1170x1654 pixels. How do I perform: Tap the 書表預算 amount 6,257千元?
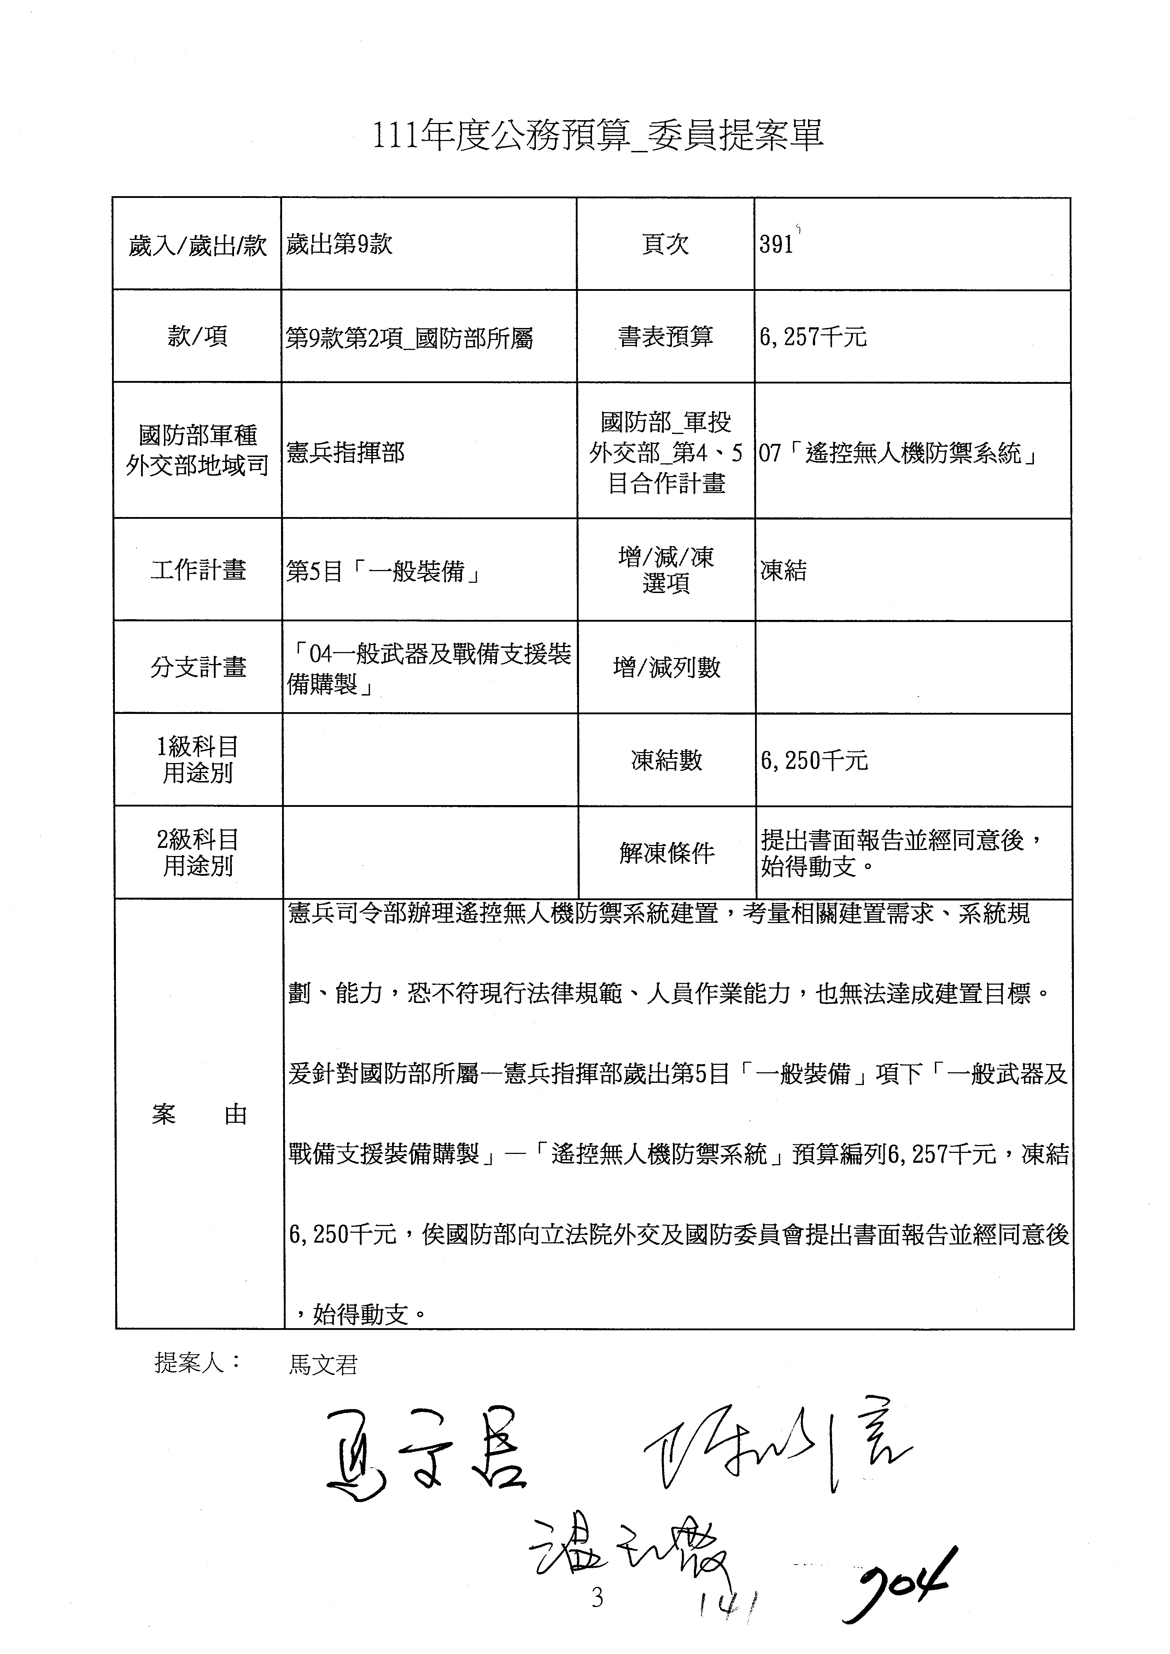click(813, 336)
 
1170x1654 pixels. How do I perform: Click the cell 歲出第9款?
click(339, 244)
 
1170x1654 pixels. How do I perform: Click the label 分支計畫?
click(198, 667)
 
